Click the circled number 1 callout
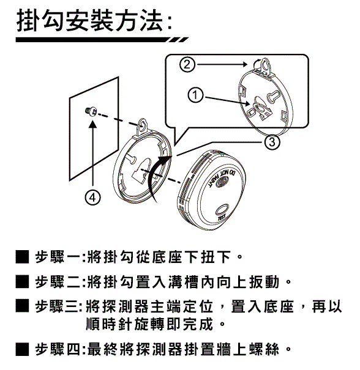tap(195, 95)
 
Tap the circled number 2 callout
tap(187, 64)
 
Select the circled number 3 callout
tap(272, 142)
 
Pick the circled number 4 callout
tap(92, 198)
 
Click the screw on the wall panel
tap(91, 111)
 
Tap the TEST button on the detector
tap(222, 210)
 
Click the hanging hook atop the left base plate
tap(142, 127)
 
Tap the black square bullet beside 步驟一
tap(23, 257)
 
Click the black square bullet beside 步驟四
tap(23, 349)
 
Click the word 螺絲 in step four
tap(264, 349)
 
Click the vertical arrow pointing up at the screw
tap(93, 154)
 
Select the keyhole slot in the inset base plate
tap(273, 98)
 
